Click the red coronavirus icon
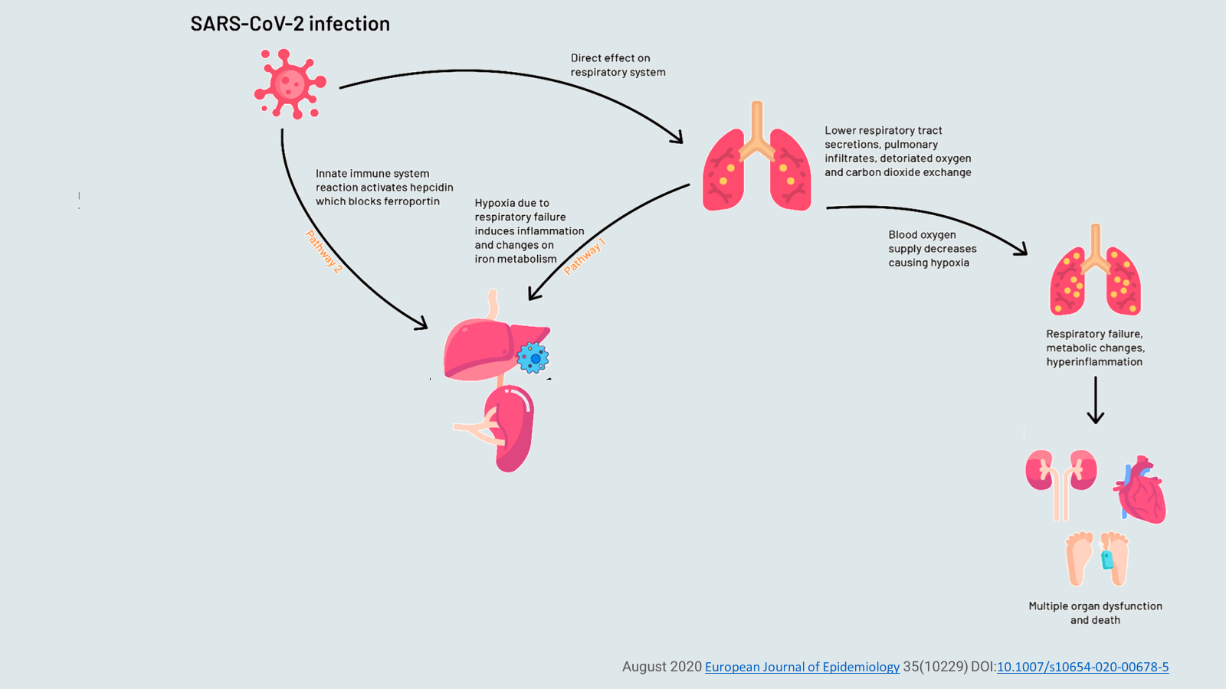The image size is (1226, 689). coord(290,83)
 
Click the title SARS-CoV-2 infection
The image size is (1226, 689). coord(290,24)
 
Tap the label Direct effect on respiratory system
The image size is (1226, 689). coord(618,65)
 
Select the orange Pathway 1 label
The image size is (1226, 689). coord(585,256)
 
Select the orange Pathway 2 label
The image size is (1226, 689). coord(323,252)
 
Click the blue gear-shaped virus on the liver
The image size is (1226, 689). coord(533,358)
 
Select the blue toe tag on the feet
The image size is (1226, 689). coord(1107,560)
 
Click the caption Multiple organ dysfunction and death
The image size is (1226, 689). coord(1095,612)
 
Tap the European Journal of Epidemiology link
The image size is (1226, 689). coord(801,667)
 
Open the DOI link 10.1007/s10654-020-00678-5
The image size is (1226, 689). coord(1082,667)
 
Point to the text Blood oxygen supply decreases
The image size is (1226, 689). coord(932,242)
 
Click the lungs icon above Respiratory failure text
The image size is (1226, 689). coord(1095,272)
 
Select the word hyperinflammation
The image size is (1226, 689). coord(1094,362)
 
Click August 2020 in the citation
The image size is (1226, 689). coord(661,667)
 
